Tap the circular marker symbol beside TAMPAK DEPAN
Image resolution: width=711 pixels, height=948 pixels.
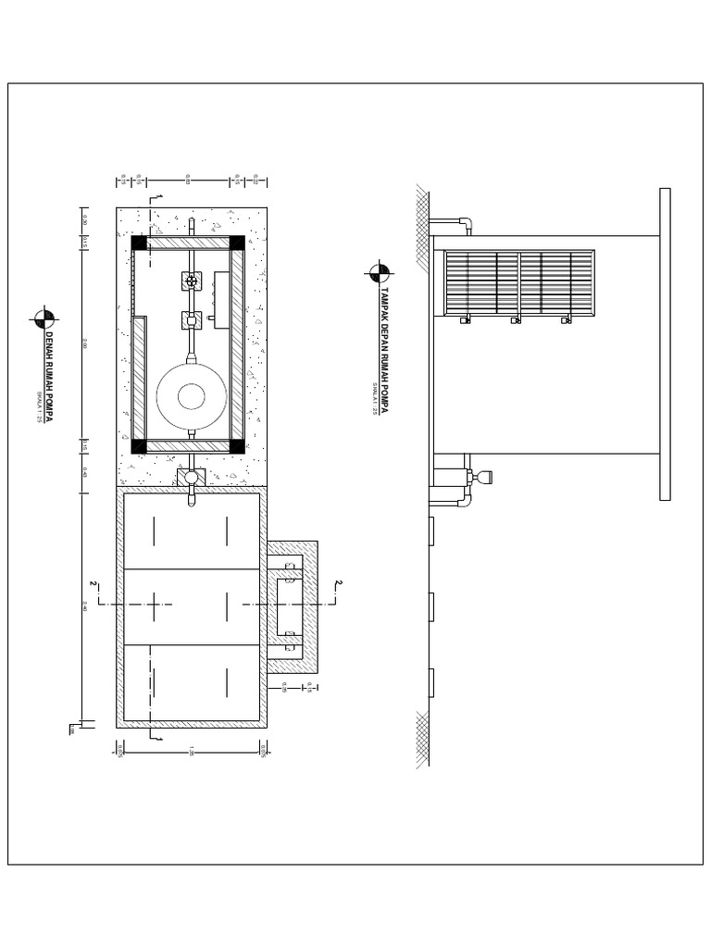tap(380, 271)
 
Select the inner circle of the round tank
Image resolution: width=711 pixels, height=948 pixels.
tap(192, 396)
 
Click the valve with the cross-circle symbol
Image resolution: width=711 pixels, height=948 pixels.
tap(192, 281)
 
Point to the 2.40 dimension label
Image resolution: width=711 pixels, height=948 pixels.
tap(84, 606)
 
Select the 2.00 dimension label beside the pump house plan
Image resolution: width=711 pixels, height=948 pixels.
tap(84, 343)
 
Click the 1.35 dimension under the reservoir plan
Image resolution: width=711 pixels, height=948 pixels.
tap(191, 750)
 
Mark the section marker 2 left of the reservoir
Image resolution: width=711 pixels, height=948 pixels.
tap(94, 584)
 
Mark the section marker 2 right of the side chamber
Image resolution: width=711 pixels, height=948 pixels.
tap(338, 584)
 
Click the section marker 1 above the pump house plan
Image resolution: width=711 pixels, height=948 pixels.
tap(159, 197)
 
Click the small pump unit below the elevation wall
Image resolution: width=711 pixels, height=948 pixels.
tap(482, 478)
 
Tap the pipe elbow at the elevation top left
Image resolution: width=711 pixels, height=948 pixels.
tap(466, 223)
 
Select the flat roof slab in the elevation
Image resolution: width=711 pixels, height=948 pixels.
tap(665, 343)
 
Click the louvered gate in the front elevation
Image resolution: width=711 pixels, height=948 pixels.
tap(518, 283)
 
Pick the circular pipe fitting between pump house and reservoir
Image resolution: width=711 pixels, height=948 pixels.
tap(192, 477)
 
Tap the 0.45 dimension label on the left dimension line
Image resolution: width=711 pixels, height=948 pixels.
tap(84, 471)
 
